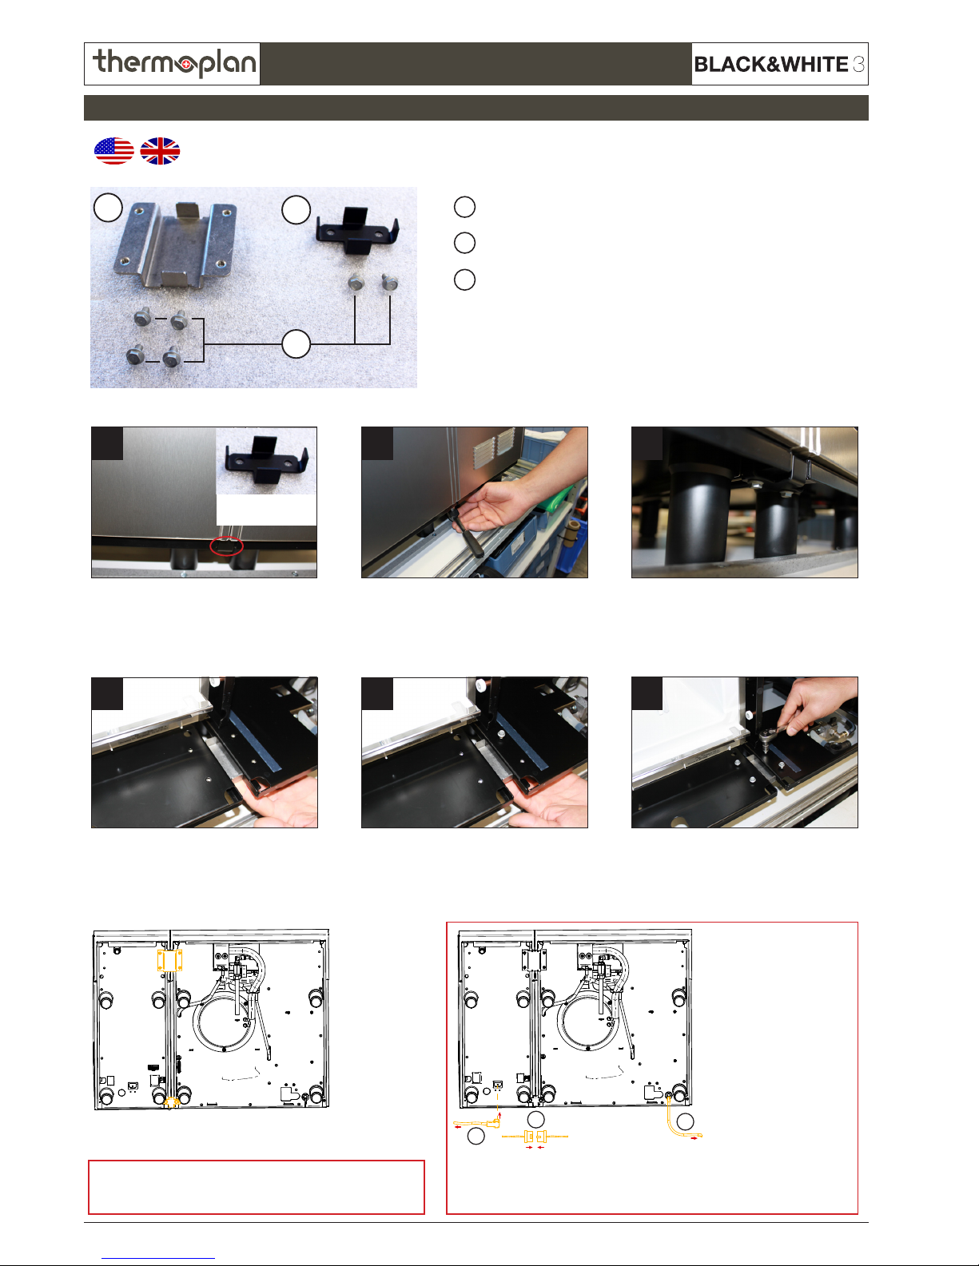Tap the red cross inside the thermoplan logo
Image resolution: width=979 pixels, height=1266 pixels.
coord(186,65)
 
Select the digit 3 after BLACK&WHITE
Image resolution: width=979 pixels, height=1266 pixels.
coord(858,64)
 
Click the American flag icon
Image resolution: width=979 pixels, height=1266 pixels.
coord(114,151)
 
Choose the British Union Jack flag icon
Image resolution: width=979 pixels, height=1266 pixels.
coord(161,151)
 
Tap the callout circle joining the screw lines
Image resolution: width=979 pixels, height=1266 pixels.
coord(296,344)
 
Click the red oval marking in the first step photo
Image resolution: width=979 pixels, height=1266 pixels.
coord(227,546)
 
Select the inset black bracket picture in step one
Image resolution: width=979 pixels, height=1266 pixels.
coord(266,460)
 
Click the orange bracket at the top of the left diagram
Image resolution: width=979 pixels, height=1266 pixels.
coord(169,960)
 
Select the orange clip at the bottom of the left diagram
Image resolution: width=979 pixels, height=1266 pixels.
coord(171,1101)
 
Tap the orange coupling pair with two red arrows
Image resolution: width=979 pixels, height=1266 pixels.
coord(535,1136)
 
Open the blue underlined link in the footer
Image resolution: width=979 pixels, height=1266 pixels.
coord(158,1258)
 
